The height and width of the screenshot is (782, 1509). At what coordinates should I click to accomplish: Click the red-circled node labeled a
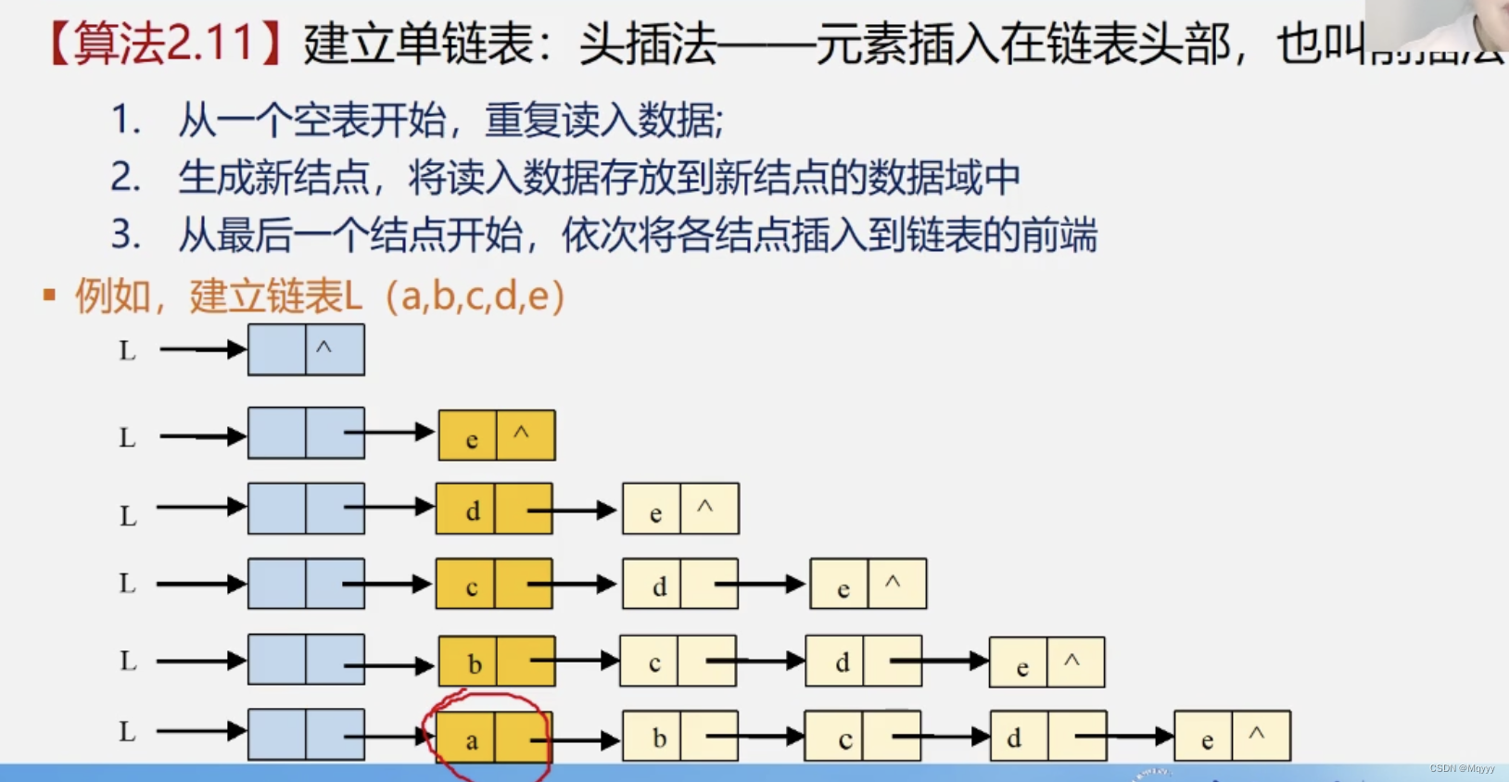493,738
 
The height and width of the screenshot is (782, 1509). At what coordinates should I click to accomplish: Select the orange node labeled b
497,662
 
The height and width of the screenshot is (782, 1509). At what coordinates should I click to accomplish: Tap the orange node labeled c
494,585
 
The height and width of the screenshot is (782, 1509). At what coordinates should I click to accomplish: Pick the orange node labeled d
494,509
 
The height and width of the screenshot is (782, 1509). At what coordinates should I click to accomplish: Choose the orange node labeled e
497,435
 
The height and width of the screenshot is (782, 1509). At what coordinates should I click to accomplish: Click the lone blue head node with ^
306,350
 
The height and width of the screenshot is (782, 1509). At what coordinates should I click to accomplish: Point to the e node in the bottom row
1232,737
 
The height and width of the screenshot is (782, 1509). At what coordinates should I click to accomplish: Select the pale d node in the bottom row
1048,737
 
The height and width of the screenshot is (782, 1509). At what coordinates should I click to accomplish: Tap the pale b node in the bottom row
680,737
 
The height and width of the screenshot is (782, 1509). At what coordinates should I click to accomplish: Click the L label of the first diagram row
127,351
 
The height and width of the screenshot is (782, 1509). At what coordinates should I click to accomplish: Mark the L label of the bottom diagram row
127,732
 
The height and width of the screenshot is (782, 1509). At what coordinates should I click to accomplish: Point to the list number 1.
125,120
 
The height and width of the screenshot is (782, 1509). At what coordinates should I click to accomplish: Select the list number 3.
125,234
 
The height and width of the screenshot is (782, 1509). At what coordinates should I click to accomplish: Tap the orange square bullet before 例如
49,296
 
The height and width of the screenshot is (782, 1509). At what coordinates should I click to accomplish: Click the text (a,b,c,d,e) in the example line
473,296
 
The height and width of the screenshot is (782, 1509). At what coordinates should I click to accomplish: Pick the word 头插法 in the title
648,44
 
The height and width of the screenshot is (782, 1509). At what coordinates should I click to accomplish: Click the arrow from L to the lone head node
202,349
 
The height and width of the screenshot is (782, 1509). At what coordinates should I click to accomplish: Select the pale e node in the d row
680,509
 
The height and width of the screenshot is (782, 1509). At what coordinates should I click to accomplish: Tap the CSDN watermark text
1462,769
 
